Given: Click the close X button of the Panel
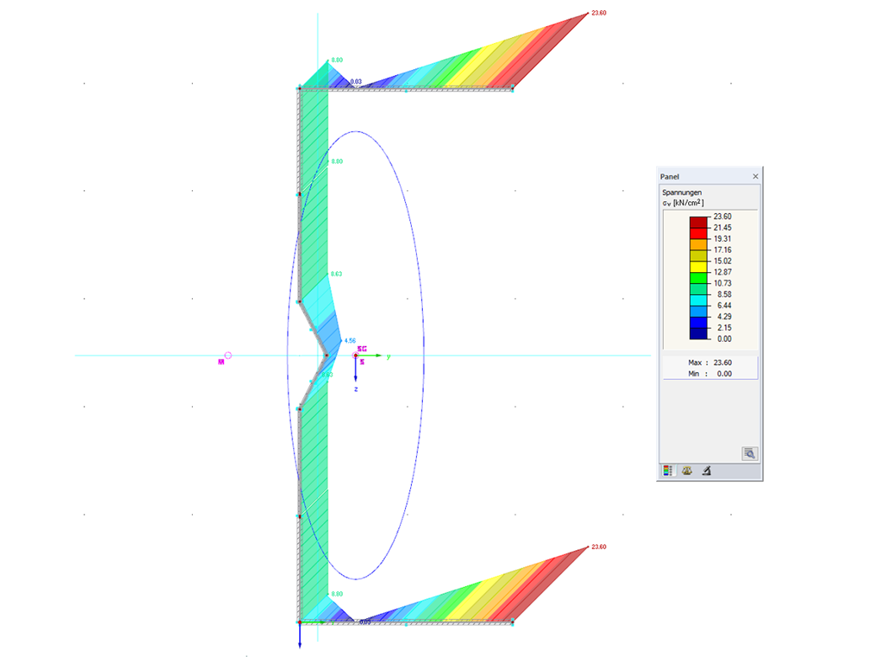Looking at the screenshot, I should [755, 176].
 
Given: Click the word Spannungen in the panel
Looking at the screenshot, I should [681, 193].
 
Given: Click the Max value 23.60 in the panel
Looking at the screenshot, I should [722, 362].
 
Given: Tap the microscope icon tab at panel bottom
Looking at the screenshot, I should [706, 471].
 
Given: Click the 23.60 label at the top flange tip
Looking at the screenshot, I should [600, 13].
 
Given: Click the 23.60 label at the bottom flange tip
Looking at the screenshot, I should [599, 547].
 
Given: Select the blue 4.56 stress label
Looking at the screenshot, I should [350, 341].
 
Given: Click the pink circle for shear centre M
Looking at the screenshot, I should [227, 356].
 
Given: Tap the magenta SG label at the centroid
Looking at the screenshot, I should [362, 348].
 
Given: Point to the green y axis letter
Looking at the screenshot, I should [388, 357].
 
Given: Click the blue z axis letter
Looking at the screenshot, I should [355, 391].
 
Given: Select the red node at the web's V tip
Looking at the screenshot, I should [327, 355].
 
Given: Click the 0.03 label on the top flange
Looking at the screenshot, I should [356, 82].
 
